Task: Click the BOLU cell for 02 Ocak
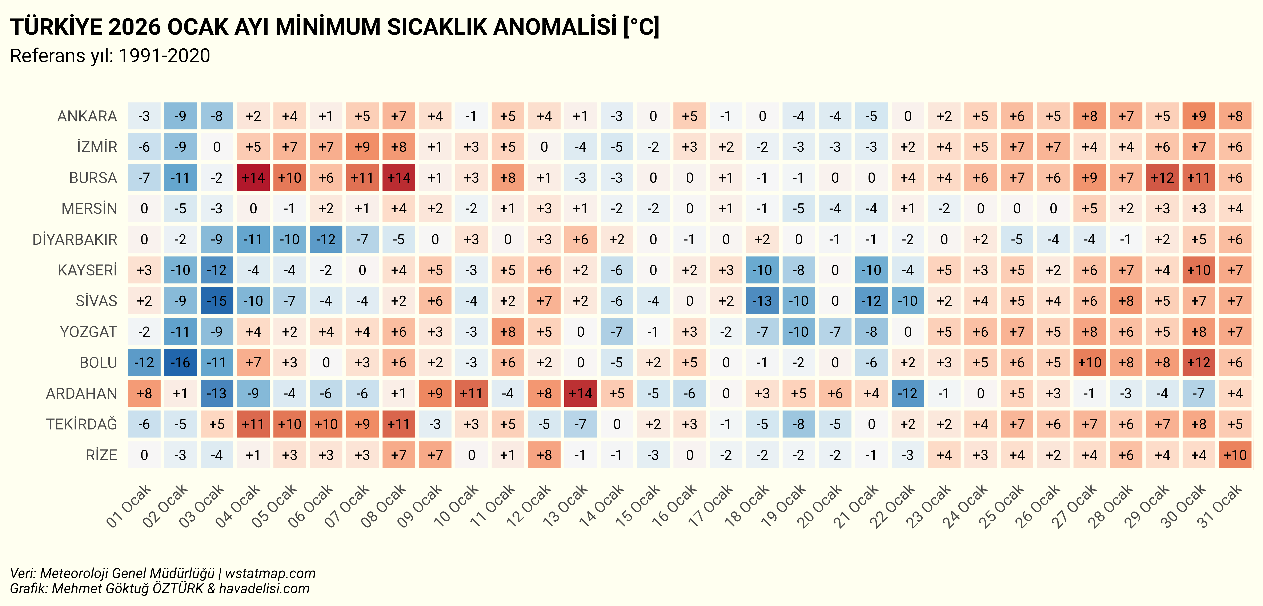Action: [180, 362]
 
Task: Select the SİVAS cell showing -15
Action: [217, 300]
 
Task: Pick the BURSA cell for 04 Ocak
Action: [253, 177]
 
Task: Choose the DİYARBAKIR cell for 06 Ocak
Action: [326, 239]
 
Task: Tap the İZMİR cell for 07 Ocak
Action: [362, 147]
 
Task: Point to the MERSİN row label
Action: [89, 208]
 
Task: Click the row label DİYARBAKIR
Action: [75, 239]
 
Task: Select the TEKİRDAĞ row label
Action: [81, 424]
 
